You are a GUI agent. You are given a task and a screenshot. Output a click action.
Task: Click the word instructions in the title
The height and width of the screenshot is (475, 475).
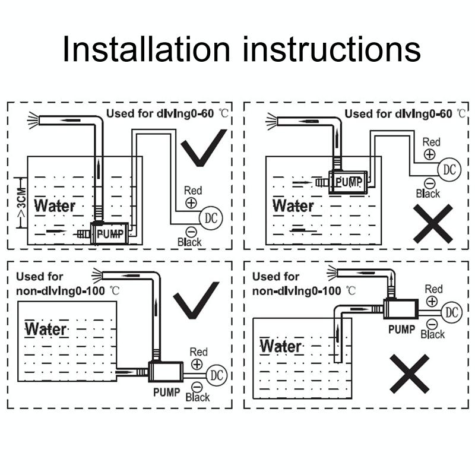(x=332, y=49)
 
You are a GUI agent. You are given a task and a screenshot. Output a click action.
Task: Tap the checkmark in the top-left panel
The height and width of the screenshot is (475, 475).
(x=204, y=148)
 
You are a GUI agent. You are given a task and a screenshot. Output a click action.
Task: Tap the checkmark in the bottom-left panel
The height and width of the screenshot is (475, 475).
(x=196, y=300)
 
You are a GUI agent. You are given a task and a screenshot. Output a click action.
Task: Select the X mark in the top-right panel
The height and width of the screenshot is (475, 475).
(x=433, y=224)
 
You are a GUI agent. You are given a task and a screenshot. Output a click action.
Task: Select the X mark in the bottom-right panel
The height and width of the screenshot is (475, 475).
(x=409, y=374)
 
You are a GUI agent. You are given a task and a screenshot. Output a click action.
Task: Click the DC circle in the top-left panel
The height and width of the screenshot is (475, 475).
(x=211, y=218)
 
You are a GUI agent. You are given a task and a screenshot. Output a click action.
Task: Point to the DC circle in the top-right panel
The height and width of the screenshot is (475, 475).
(x=449, y=169)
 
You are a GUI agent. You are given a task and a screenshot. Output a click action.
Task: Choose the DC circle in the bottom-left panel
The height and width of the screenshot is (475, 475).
(x=217, y=375)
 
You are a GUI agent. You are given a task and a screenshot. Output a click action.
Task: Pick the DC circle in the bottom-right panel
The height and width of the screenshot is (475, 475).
(x=452, y=312)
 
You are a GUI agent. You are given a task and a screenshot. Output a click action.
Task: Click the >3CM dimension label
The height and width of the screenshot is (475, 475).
(x=22, y=203)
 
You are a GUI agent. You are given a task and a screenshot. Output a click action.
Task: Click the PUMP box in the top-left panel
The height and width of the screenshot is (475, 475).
(x=110, y=233)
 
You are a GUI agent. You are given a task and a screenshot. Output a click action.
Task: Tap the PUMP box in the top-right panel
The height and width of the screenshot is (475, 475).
(x=348, y=182)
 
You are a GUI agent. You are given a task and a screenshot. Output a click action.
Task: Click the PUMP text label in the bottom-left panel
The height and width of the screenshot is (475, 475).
(x=167, y=392)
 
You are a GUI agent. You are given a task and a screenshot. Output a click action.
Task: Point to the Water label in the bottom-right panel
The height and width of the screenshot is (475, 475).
(x=280, y=346)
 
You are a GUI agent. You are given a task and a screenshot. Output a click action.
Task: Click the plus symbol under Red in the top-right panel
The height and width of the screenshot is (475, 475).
(x=429, y=154)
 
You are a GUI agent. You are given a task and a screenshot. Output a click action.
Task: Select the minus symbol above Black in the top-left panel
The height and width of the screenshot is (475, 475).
(x=191, y=232)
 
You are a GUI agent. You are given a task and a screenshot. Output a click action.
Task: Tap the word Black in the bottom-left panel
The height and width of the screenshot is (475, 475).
(x=198, y=397)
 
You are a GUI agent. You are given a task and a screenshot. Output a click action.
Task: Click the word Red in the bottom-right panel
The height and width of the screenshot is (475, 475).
(x=433, y=289)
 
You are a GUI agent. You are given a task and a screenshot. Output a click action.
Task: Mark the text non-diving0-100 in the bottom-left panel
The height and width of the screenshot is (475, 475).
(x=61, y=291)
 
